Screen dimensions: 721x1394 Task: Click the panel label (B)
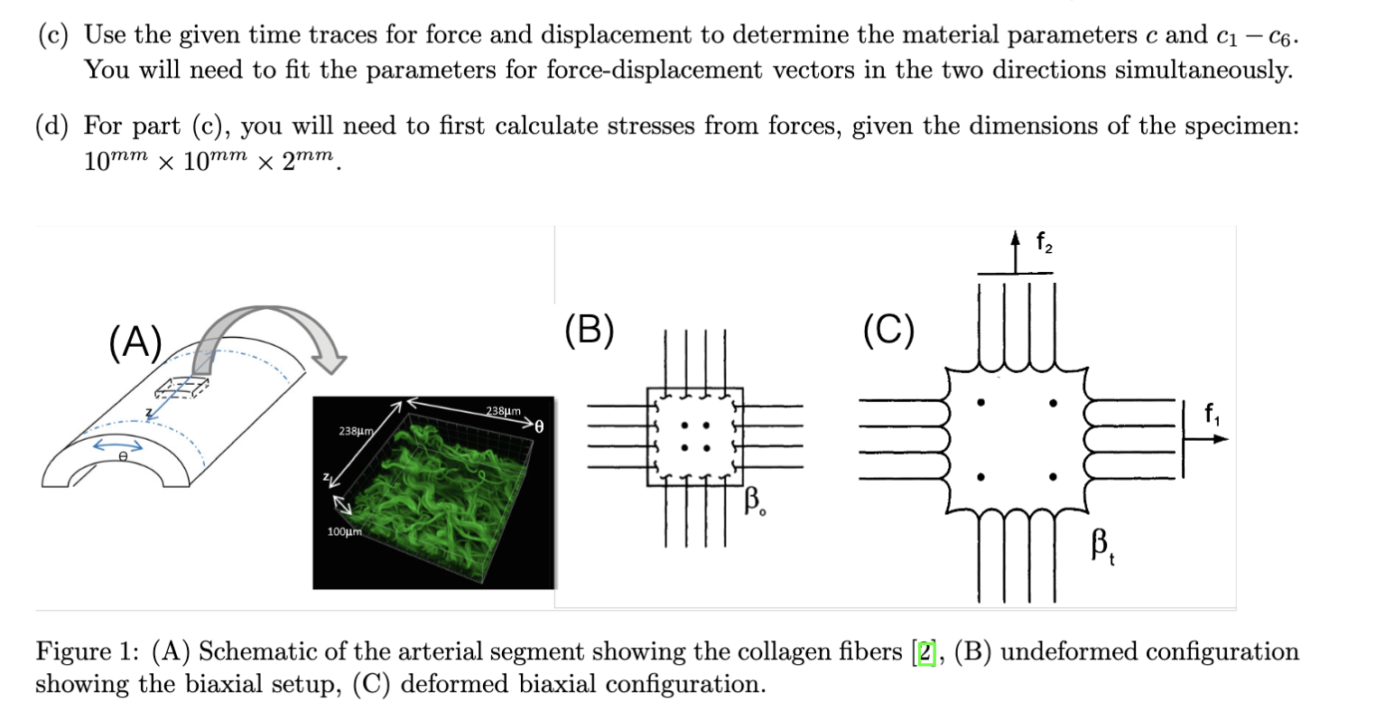click(x=589, y=330)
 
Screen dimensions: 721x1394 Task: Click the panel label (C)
click(x=888, y=330)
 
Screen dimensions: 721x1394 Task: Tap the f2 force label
click(x=1044, y=242)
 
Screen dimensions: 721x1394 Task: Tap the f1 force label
click(x=1211, y=417)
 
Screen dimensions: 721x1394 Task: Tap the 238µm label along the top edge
click(x=504, y=411)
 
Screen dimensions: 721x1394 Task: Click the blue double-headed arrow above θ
click(x=119, y=445)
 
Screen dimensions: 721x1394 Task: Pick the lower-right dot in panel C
click(x=1051, y=476)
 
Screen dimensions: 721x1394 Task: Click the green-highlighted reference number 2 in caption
click(x=923, y=652)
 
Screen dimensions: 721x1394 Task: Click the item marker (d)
click(x=52, y=126)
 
